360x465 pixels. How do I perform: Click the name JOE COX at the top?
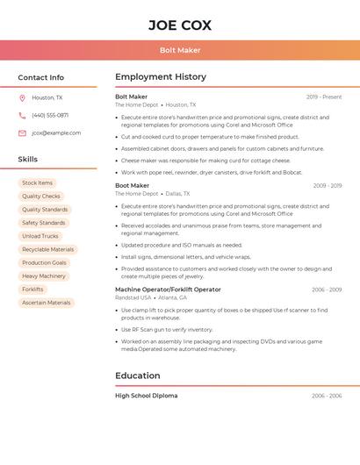click(x=180, y=25)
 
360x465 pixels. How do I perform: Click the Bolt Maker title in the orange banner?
click(x=180, y=50)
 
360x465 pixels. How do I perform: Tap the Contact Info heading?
click(x=41, y=77)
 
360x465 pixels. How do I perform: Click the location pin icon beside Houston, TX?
click(x=22, y=98)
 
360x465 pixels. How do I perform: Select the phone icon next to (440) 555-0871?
click(x=22, y=116)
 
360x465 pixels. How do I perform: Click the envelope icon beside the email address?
click(x=22, y=133)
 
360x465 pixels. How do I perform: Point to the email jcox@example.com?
click(x=56, y=133)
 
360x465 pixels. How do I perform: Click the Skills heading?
click(x=28, y=160)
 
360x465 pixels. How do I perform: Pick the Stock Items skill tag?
click(x=38, y=183)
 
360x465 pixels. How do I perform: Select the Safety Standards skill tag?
click(x=44, y=223)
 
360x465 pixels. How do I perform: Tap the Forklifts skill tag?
click(x=33, y=290)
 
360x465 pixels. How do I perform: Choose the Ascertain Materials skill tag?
click(x=47, y=303)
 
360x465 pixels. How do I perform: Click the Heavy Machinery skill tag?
click(x=44, y=276)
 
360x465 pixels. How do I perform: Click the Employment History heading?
click(x=161, y=77)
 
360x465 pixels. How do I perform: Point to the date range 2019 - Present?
click(x=324, y=97)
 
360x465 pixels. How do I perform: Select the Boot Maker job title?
click(x=133, y=186)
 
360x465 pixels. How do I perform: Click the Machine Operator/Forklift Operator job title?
click(x=168, y=290)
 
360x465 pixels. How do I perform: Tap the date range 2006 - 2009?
click(x=327, y=290)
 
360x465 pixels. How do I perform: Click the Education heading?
click(x=138, y=376)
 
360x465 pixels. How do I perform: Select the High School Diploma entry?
click(x=147, y=396)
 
